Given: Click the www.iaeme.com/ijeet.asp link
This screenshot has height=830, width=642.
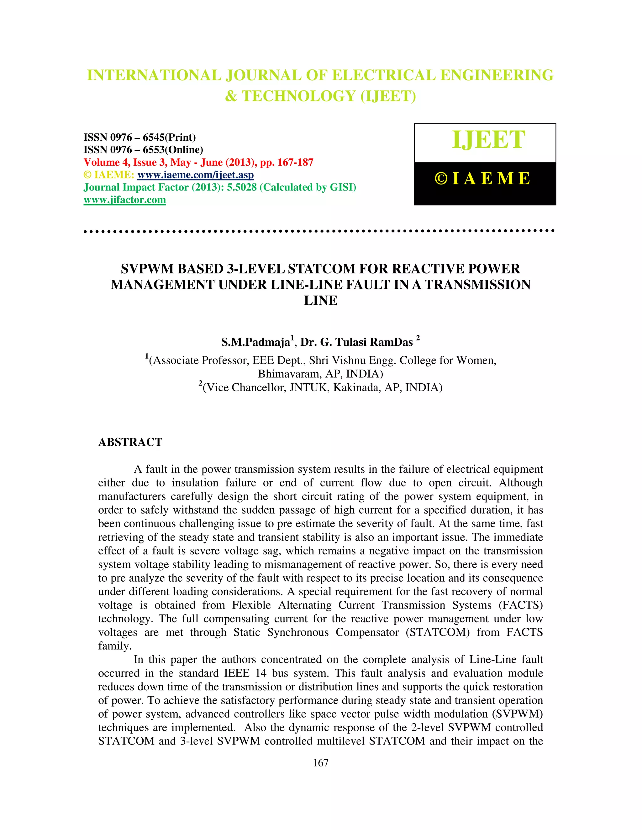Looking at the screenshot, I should point(196,175).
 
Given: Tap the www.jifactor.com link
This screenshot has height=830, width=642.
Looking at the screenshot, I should point(125,200).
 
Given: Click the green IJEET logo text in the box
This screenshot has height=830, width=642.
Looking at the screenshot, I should point(488,140).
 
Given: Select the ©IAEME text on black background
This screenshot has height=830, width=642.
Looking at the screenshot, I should point(483,179).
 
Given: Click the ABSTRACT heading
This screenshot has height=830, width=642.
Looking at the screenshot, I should point(130,442).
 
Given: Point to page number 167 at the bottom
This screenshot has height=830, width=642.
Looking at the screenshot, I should point(320,763).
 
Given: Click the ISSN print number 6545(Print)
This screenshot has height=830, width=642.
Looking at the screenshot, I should point(169,137).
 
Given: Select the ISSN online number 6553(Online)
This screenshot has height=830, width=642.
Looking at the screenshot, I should point(173,150).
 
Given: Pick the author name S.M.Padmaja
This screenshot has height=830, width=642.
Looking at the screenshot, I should point(255,342).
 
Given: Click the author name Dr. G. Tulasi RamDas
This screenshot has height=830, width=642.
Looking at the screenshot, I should point(356,342).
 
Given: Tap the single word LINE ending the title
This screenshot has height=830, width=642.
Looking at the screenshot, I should point(321,301).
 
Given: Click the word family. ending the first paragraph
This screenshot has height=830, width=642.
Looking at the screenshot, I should point(115,646).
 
